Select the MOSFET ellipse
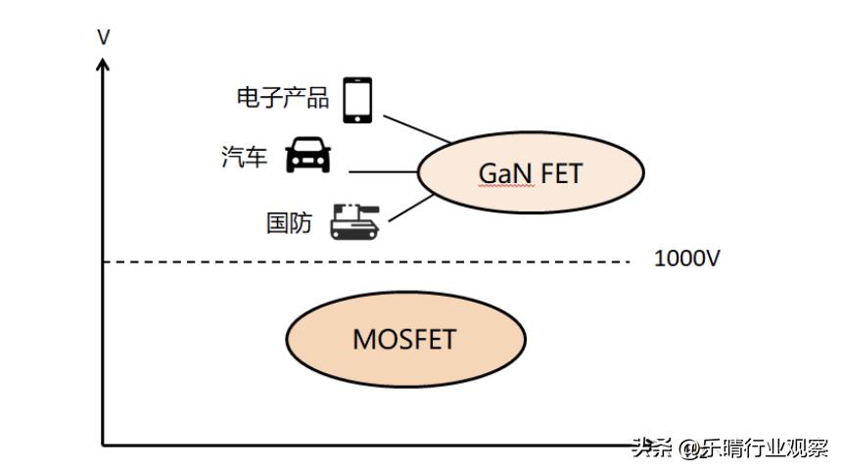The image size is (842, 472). coord(404,339)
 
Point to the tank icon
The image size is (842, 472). coord(353,221)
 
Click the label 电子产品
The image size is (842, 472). coord(283,98)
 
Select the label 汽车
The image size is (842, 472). coord(245,158)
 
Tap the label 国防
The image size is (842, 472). coord(290,223)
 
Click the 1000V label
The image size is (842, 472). coord(687,260)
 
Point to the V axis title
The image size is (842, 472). coord(104,37)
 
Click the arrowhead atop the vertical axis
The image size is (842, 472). coord(104,64)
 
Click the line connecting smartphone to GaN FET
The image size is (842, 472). coord(416,128)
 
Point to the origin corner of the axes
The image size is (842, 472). coord(104,446)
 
